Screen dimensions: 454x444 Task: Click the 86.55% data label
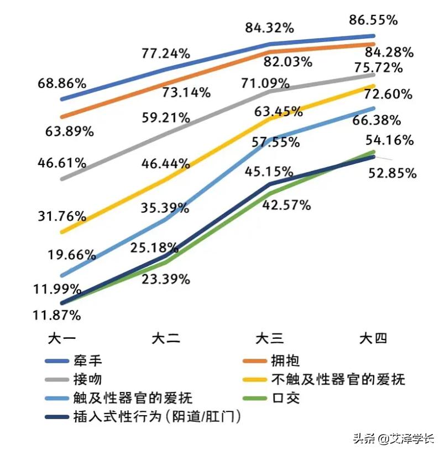point(373,20)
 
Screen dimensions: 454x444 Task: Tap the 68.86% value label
point(62,84)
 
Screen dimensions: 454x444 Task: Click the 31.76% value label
point(62,215)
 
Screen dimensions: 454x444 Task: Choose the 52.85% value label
point(392,173)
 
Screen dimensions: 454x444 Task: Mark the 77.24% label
point(166,54)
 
